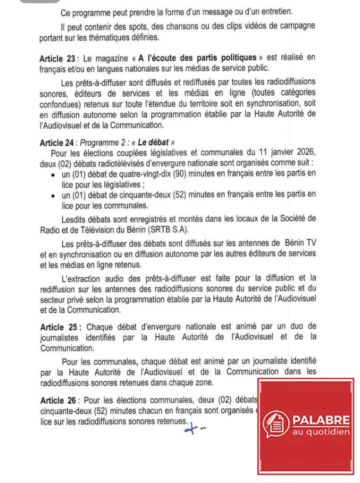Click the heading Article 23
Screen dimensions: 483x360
pos(58,59)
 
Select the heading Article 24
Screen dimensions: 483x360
pos(58,142)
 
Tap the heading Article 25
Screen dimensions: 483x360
pos(58,326)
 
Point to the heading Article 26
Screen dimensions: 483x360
pos(58,400)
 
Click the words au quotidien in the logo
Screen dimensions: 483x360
pos(321,432)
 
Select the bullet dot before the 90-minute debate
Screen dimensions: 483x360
pos(51,174)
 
